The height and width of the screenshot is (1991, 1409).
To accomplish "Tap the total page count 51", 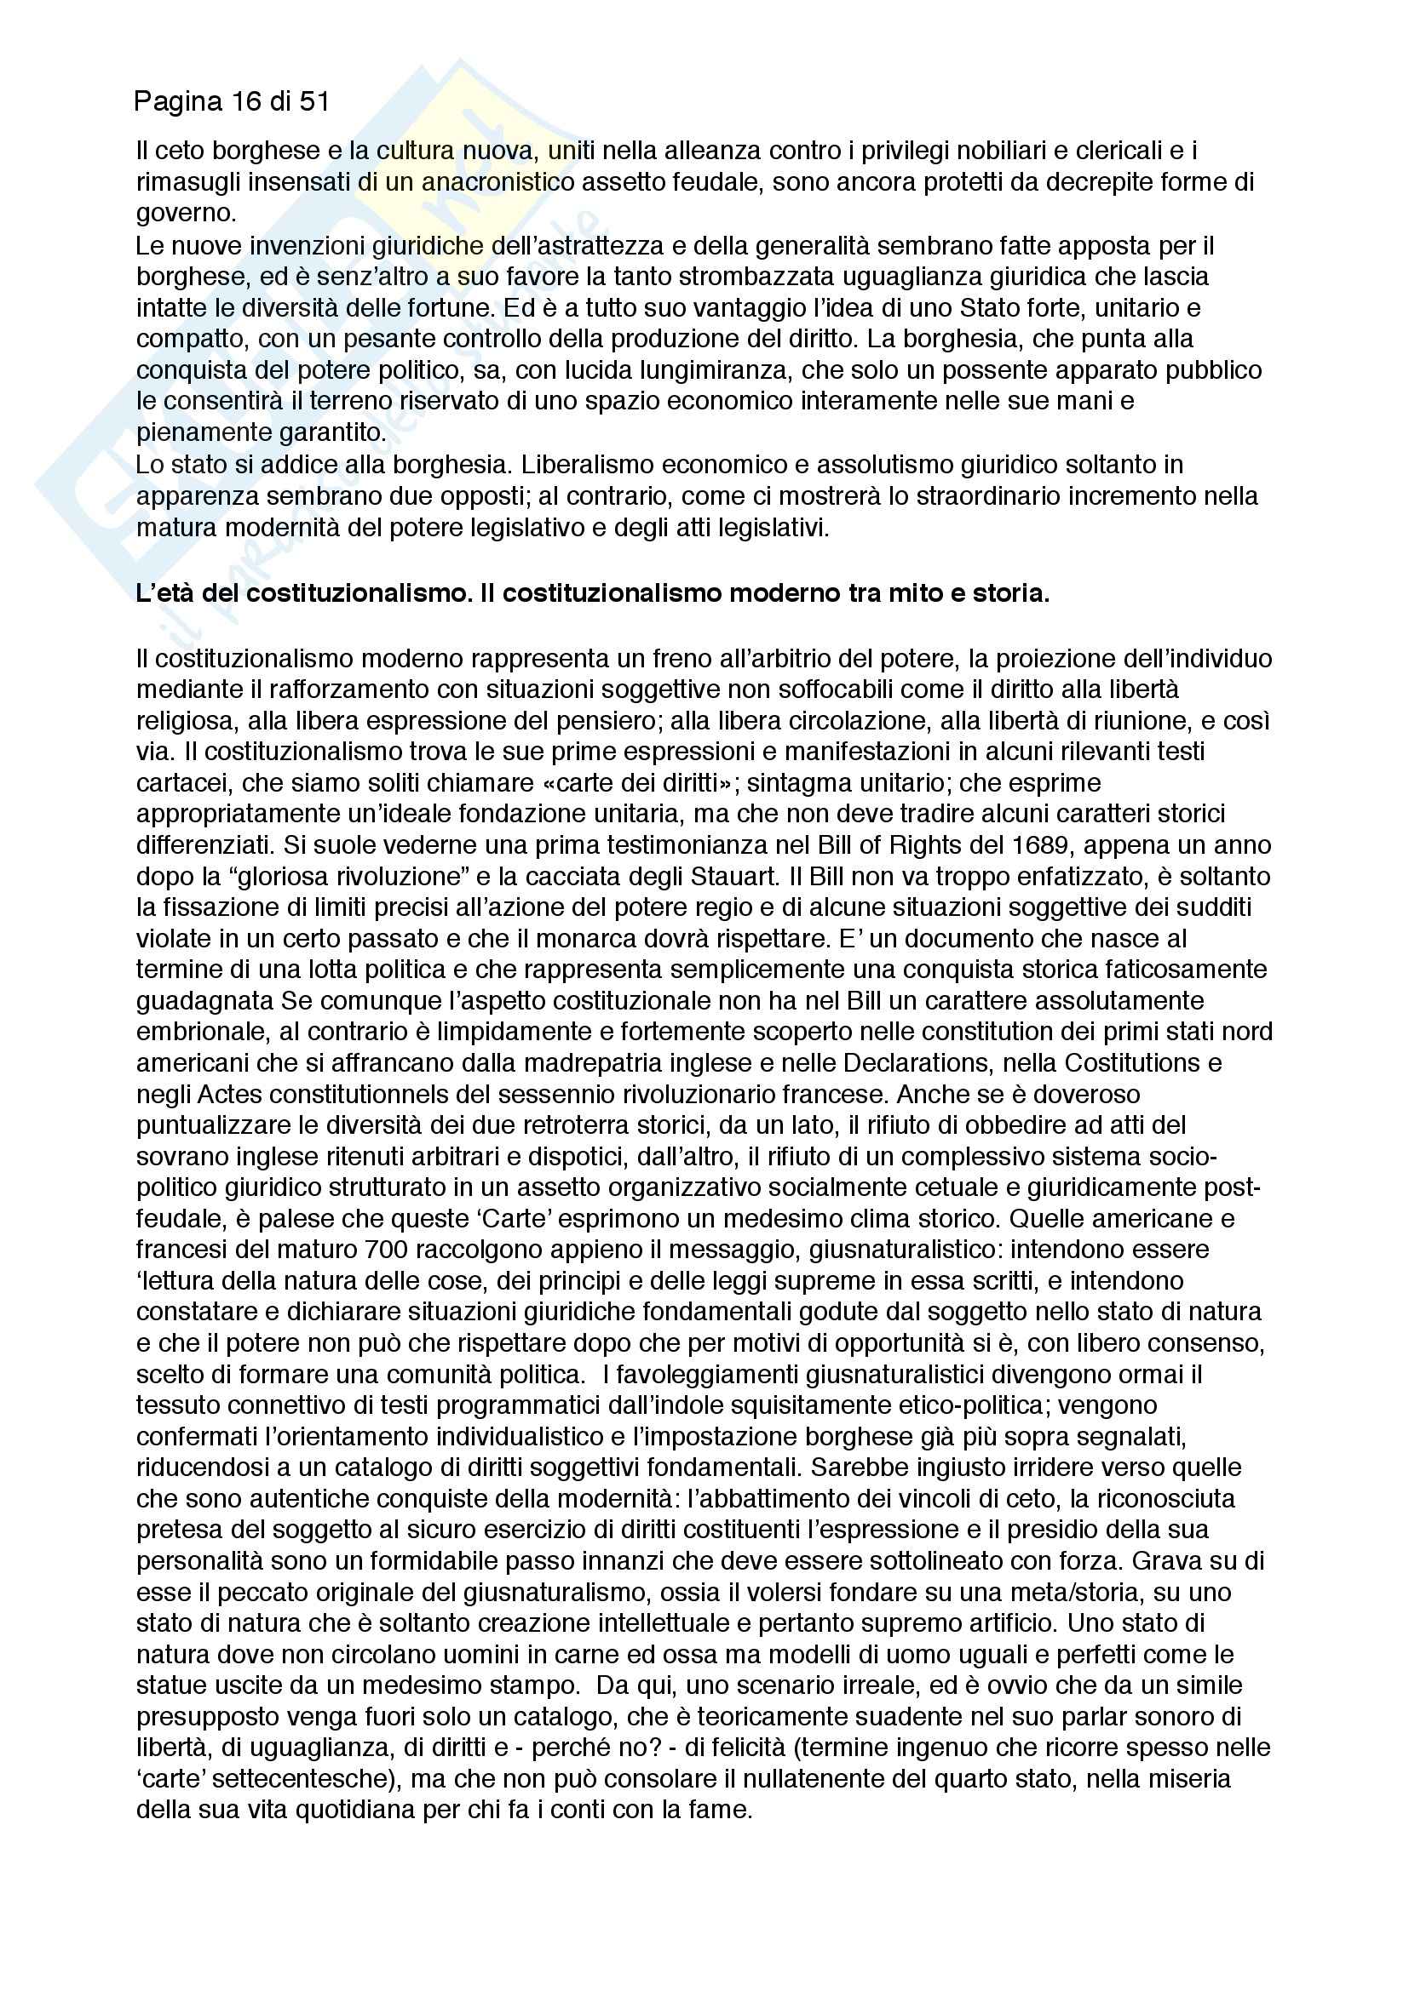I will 314,102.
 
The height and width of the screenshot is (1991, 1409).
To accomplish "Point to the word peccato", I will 257,1592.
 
